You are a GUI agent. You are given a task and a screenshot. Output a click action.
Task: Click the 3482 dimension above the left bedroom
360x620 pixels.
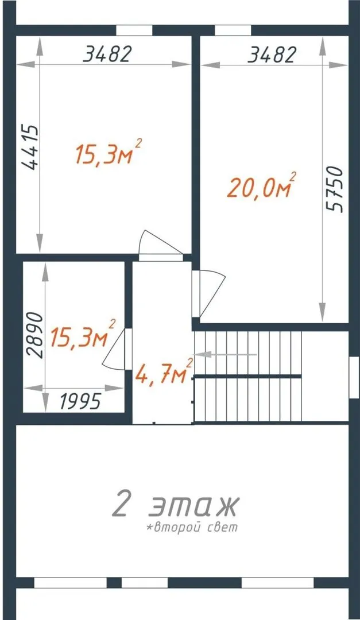click(106, 54)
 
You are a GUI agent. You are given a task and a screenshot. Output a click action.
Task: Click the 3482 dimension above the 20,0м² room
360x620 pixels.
click(272, 55)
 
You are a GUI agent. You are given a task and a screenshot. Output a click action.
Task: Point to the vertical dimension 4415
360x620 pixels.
click(30, 148)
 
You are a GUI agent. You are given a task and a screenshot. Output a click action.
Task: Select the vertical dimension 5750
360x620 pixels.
click(335, 190)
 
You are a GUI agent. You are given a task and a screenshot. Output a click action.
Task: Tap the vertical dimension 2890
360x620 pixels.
click(34, 335)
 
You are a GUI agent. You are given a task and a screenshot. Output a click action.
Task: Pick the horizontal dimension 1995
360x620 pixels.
click(81, 402)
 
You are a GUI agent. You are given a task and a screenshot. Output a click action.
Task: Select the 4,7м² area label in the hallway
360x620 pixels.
click(164, 372)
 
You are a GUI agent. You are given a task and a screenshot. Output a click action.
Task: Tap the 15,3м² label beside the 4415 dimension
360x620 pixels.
click(109, 153)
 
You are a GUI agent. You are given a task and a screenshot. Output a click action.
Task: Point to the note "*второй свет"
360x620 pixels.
click(192, 527)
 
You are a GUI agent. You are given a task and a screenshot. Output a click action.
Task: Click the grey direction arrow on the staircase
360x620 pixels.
click(226, 355)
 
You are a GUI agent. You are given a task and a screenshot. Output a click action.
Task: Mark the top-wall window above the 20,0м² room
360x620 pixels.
click(233, 30)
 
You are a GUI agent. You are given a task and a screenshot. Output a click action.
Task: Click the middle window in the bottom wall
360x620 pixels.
click(144, 583)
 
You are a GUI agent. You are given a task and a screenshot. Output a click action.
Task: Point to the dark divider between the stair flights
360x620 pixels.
click(247, 376)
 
